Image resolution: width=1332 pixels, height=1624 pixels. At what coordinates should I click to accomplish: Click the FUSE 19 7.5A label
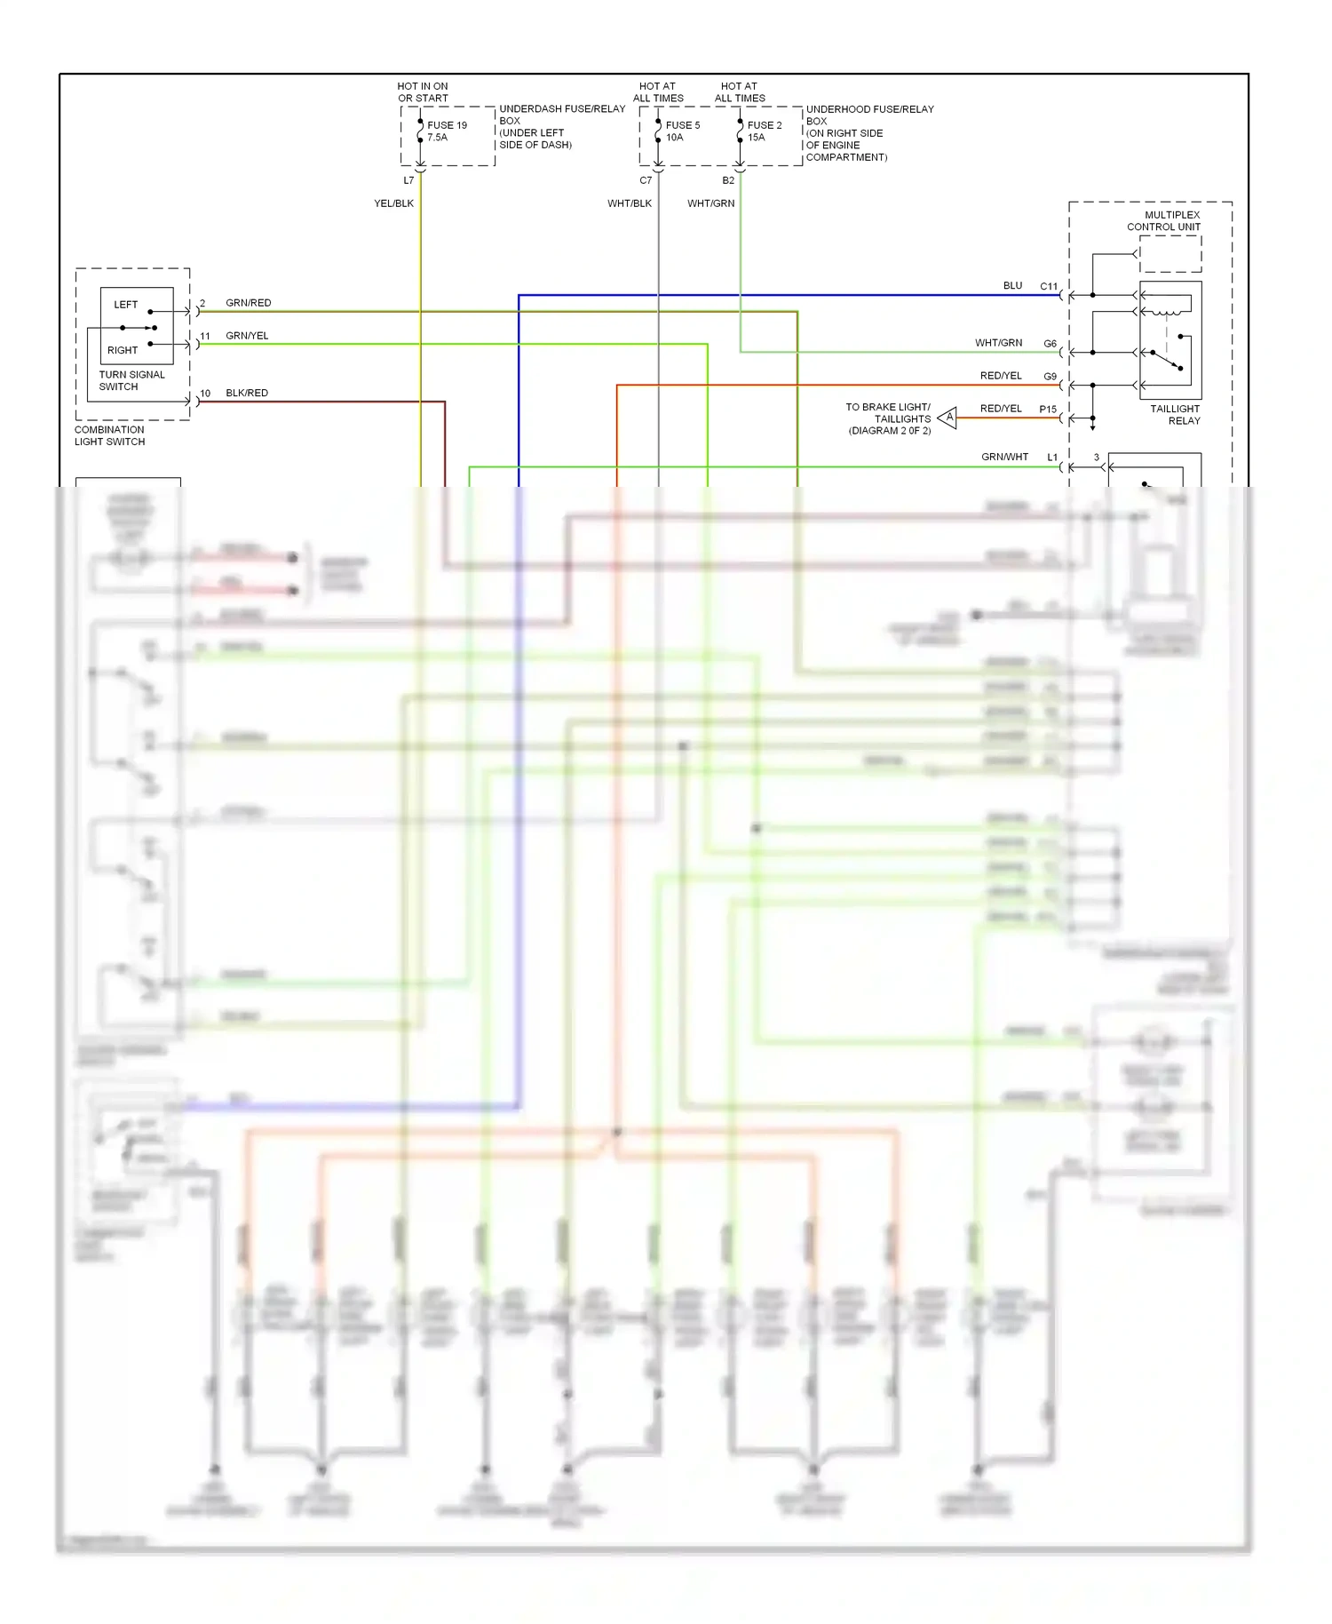[447, 131]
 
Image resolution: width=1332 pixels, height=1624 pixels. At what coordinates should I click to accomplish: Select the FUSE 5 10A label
[682, 131]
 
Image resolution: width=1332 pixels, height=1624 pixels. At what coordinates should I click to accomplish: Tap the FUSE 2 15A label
[764, 131]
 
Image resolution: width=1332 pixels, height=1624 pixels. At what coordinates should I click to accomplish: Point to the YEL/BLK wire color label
[393, 203]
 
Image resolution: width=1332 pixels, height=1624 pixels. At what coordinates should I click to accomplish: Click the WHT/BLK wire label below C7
[629, 203]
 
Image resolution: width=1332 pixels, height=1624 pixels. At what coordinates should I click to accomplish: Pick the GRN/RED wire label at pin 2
[249, 303]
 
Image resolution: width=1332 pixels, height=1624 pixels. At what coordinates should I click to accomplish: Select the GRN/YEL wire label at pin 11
[247, 336]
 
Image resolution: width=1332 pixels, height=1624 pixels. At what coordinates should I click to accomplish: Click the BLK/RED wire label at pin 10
[247, 393]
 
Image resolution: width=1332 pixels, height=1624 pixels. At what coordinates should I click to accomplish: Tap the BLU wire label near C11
[1012, 286]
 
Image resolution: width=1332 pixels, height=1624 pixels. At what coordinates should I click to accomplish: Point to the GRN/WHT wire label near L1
[1004, 457]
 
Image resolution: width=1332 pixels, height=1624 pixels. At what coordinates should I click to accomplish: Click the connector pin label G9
[1050, 377]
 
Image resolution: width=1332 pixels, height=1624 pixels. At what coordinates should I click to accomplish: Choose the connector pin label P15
[1048, 410]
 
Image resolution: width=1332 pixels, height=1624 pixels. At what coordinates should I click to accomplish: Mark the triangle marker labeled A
[948, 417]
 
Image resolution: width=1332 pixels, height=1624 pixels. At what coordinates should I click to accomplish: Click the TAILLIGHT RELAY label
[1175, 415]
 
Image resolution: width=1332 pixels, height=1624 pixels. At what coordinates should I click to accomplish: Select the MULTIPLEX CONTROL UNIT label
[1164, 221]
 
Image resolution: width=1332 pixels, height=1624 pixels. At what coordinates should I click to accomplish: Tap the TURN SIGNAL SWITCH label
[131, 380]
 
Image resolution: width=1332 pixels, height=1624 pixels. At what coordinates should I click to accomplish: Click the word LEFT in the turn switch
[126, 305]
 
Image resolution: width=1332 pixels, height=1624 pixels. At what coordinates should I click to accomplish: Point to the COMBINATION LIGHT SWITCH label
[109, 435]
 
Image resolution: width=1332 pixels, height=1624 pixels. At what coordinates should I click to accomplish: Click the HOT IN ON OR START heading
[423, 92]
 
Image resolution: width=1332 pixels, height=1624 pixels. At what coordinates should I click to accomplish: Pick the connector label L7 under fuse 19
[408, 180]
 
